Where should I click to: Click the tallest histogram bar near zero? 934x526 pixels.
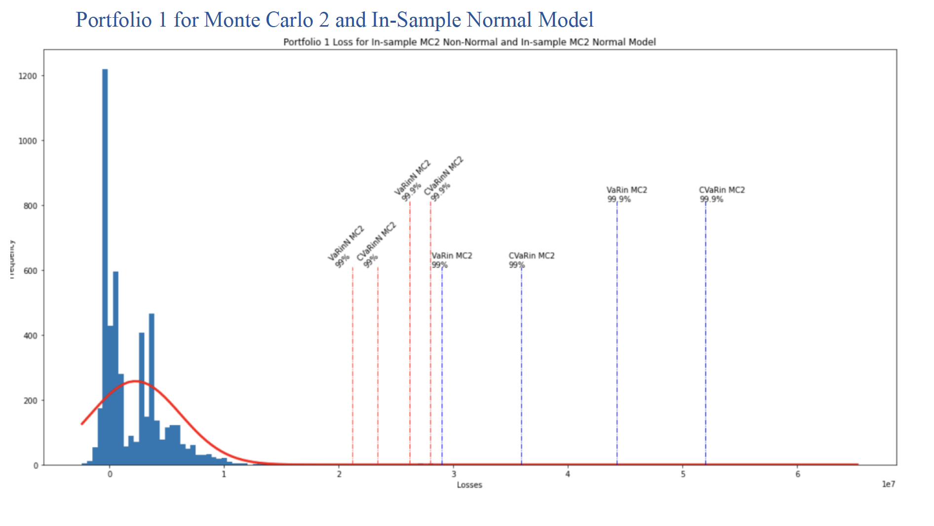(105, 266)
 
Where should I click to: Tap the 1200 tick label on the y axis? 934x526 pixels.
(28, 76)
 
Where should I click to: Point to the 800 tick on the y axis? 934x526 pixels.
(30, 206)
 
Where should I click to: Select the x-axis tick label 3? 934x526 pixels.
(454, 474)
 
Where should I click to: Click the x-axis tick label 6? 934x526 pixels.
(798, 474)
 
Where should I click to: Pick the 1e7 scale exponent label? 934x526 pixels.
(888, 484)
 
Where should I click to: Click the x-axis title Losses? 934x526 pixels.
(469, 485)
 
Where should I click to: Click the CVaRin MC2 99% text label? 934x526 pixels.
(531, 260)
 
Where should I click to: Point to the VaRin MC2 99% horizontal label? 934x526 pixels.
(451, 260)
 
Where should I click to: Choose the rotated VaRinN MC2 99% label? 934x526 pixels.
(346, 247)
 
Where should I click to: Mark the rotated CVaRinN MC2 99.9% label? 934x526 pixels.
(443, 179)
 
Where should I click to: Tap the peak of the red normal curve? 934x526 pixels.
(136, 381)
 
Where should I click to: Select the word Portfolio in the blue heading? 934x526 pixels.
(114, 20)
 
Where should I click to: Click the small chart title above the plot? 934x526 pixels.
(469, 42)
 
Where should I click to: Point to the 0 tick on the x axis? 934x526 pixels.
(110, 474)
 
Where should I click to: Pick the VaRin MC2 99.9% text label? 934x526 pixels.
(626, 194)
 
